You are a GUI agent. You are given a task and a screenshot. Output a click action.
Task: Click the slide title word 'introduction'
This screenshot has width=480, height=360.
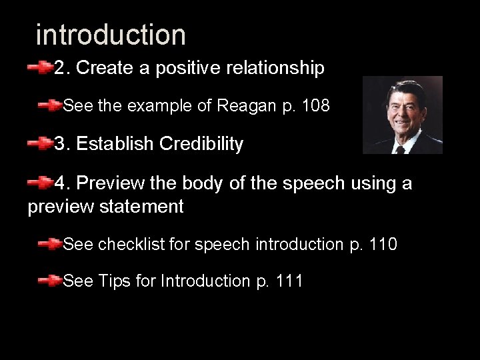(x=111, y=35)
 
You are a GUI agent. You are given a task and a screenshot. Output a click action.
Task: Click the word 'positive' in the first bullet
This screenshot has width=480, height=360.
(x=197, y=68)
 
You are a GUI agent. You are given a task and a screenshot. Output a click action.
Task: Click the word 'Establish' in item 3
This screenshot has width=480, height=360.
(x=114, y=144)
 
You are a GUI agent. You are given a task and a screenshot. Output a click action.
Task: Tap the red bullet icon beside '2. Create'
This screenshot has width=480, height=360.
(x=40, y=67)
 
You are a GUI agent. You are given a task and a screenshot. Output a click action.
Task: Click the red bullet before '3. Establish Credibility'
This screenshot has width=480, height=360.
(x=40, y=143)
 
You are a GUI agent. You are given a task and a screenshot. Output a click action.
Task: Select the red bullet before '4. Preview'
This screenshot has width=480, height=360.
(x=40, y=182)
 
